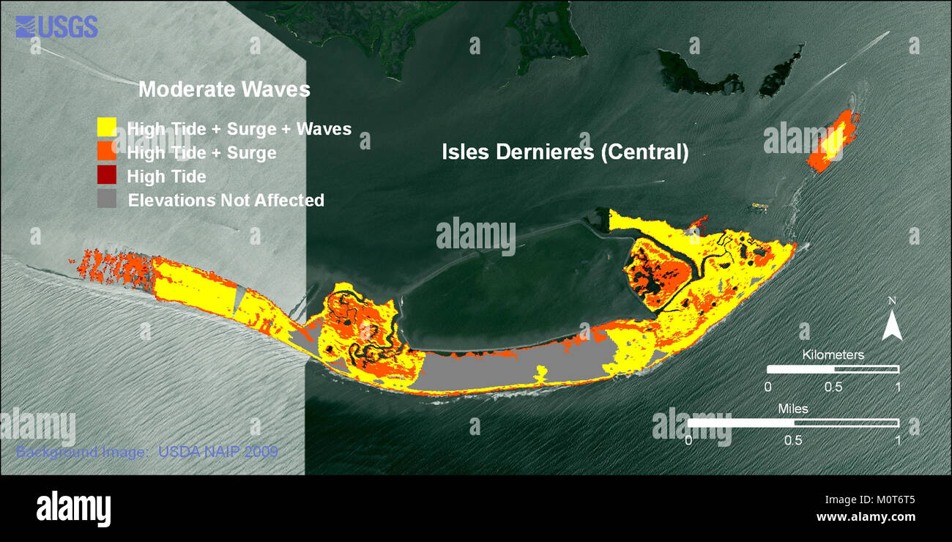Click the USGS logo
tap(56, 27)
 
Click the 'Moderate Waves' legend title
tap(224, 90)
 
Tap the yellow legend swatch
tap(107, 127)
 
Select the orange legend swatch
tap(107, 151)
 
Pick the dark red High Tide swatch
tap(107, 175)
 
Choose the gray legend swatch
tap(107, 198)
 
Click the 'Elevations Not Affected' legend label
tap(226, 200)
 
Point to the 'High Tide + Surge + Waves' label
tap(239, 130)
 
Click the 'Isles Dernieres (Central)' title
tap(565, 152)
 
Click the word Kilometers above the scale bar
tap(833, 354)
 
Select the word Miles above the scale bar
tap(792, 409)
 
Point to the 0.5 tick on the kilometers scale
tap(833, 386)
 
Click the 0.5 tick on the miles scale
tap(793, 440)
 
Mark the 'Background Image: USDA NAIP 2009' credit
tap(146, 452)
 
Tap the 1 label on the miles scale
tap(898, 440)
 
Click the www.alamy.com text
tap(866, 516)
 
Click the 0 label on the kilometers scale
tap(767, 386)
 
